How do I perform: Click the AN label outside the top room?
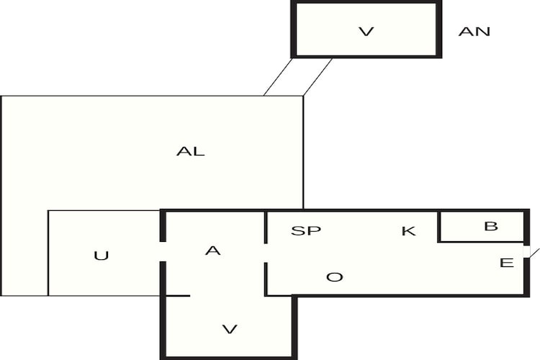(474, 32)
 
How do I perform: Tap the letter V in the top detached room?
(366, 32)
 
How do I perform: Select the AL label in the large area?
(191, 151)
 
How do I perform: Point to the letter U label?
(102, 256)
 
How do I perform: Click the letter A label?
(213, 251)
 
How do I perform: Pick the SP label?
(306, 230)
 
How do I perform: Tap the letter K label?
(408, 231)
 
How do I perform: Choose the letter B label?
(491, 226)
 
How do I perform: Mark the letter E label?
(506, 263)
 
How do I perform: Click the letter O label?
(334, 277)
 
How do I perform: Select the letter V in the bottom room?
(230, 329)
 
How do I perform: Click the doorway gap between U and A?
(163, 251)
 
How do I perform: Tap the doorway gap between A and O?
(266, 253)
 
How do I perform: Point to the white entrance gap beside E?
(526, 252)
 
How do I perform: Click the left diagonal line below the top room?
(278, 77)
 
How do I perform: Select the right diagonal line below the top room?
(318, 77)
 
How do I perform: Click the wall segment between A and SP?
(266, 228)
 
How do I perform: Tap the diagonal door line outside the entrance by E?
(534, 253)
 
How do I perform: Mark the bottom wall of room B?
(482, 242)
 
